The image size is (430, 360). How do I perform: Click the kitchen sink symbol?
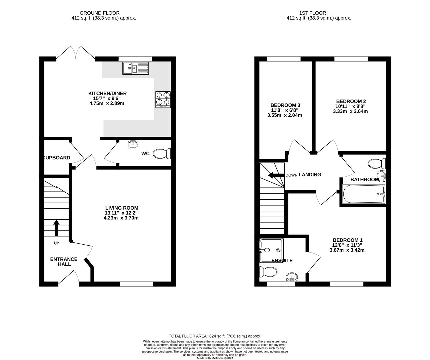[x=135, y=69]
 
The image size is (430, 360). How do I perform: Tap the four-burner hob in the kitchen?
[x=163, y=99]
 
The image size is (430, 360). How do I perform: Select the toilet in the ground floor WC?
[x=162, y=154]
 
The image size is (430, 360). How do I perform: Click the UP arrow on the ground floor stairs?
[x=56, y=228]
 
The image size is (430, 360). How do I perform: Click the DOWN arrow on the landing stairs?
[x=275, y=175]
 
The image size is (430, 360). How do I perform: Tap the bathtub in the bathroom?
[x=363, y=194]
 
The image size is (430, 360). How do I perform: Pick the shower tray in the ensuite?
[x=272, y=250]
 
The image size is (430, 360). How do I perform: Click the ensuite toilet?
[x=269, y=272]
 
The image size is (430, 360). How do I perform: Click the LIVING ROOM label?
[x=121, y=208]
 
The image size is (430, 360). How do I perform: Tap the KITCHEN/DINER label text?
[x=107, y=93]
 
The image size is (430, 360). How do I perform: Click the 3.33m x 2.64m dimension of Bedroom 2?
[x=350, y=111]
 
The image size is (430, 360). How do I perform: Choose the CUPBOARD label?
[x=57, y=158]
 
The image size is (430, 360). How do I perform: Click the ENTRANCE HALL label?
[x=64, y=262]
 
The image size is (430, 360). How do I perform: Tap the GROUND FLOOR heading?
[x=104, y=13]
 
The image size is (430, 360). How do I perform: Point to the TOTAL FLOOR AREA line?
[x=215, y=336]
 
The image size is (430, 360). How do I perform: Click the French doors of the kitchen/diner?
[x=76, y=53]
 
